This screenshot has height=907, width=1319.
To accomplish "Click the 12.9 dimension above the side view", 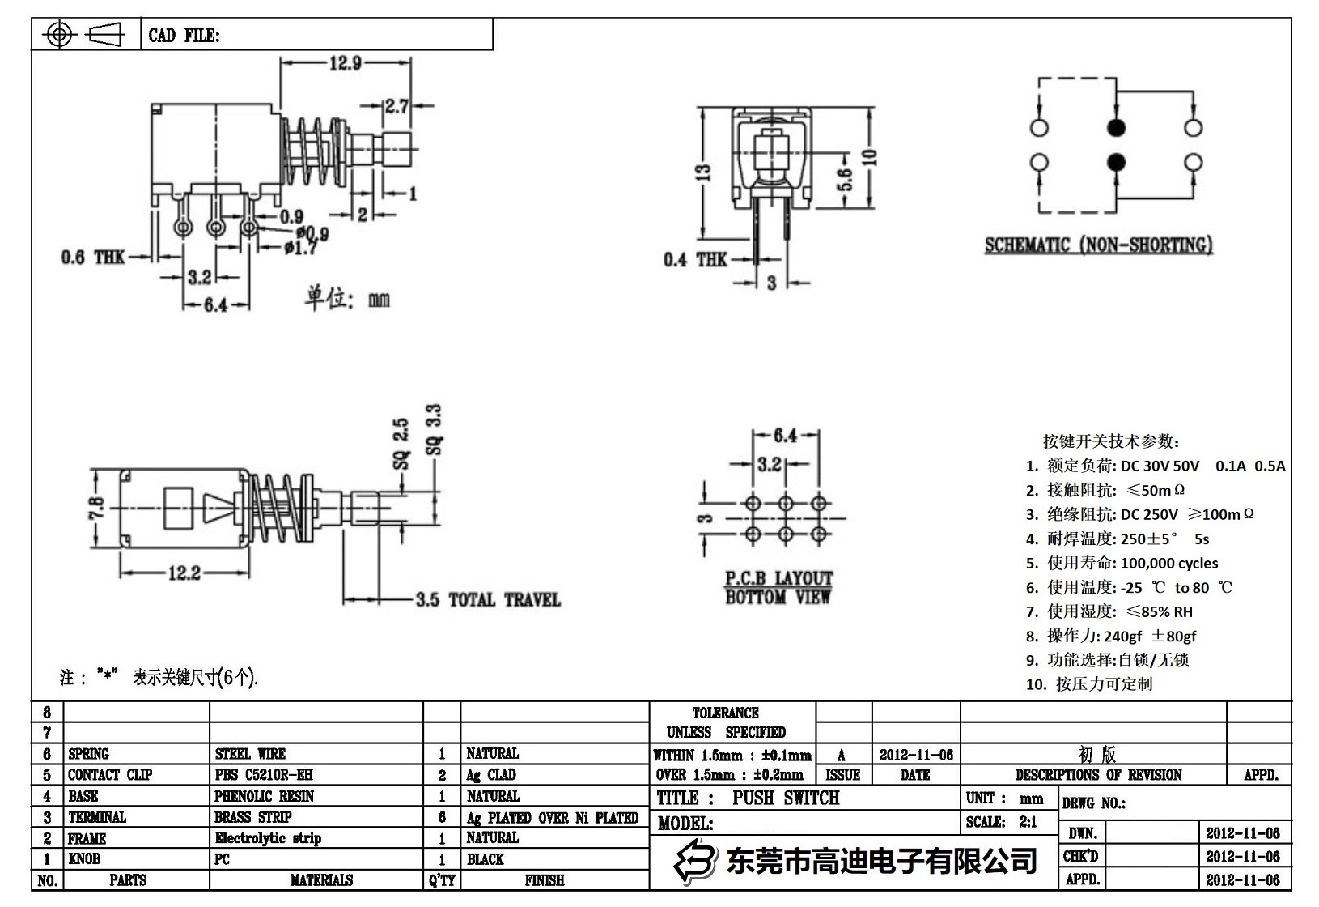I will pyautogui.click(x=345, y=63).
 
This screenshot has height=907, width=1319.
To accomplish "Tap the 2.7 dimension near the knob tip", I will pyautogui.click(x=397, y=105).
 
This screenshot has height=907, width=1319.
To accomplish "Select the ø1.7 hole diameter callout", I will pyautogui.click(x=300, y=249).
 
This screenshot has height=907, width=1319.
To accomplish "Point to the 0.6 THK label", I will pyautogui.click(x=93, y=257).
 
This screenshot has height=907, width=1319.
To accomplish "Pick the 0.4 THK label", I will pyautogui.click(x=695, y=259).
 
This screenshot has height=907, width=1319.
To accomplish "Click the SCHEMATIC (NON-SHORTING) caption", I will pyautogui.click(x=1098, y=245).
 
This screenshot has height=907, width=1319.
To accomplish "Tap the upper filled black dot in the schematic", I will pyautogui.click(x=1117, y=127).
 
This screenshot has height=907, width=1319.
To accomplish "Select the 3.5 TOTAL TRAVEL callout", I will pyautogui.click(x=488, y=600).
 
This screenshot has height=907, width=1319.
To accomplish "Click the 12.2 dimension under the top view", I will pyautogui.click(x=184, y=573).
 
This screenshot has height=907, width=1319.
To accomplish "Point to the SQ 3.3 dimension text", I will pyautogui.click(x=435, y=430).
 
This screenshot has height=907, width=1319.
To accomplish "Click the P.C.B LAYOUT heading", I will pyautogui.click(x=778, y=578).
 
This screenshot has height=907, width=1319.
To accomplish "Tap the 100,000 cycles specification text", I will pyautogui.click(x=1169, y=563).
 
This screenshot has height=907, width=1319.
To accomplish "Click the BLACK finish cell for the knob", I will pyautogui.click(x=486, y=859).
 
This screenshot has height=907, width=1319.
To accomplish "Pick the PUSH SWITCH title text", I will pyautogui.click(x=786, y=798).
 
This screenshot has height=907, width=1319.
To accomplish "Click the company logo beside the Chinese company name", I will pyautogui.click(x=696, y=859).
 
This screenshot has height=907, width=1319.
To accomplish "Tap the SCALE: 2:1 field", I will pyautogui.click(x=1001, y=822).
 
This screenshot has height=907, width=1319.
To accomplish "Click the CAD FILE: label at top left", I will pyautogui.click(x=184, y=36).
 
